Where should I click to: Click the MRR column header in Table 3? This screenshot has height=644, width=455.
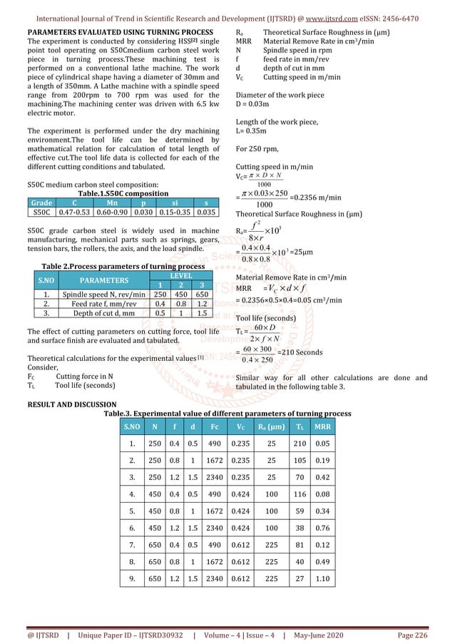pos(322,426)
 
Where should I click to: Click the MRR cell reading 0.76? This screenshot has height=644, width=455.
pos(322,527)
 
